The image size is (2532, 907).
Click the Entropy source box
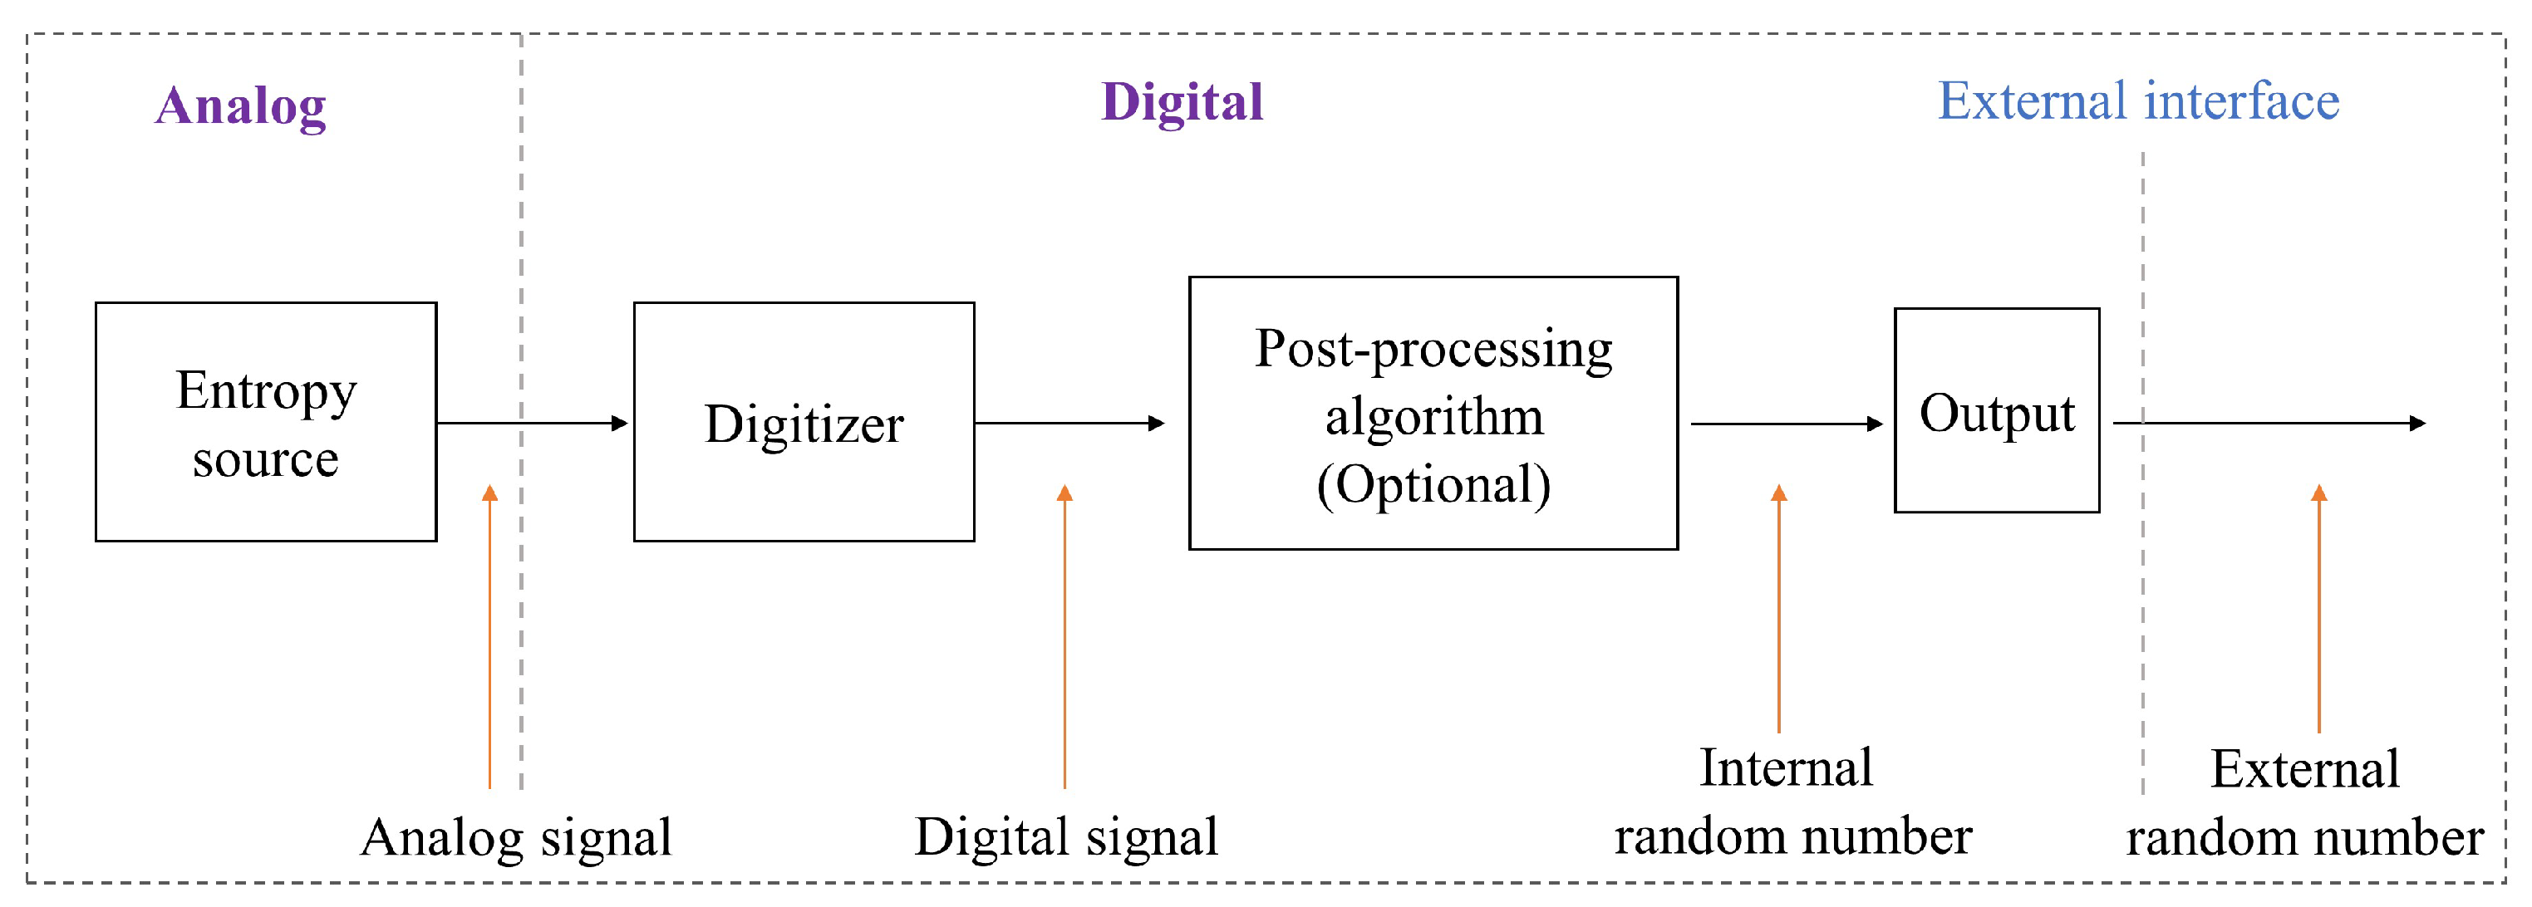[x=265, y=422]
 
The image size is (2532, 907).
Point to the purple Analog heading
[x=240, y=105]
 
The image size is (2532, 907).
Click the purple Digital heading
[x=1182, y=102]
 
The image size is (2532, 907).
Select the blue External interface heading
[x=2138, y=101]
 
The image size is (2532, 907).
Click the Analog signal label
[x=516, y=838]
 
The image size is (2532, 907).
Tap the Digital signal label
[x=1065, y=837]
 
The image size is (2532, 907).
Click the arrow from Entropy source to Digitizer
[x=532, y=424]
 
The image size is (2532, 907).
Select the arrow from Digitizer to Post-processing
[x=1069, y=424]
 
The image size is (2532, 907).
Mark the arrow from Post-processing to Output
[x=1785, y=424]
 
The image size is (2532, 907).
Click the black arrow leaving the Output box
[x=2270, y=424]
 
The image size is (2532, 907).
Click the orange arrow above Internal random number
[x=1778, y=610]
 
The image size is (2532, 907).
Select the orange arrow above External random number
[x=2318, y=610]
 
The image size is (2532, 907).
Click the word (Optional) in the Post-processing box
[x=1433, y=485]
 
